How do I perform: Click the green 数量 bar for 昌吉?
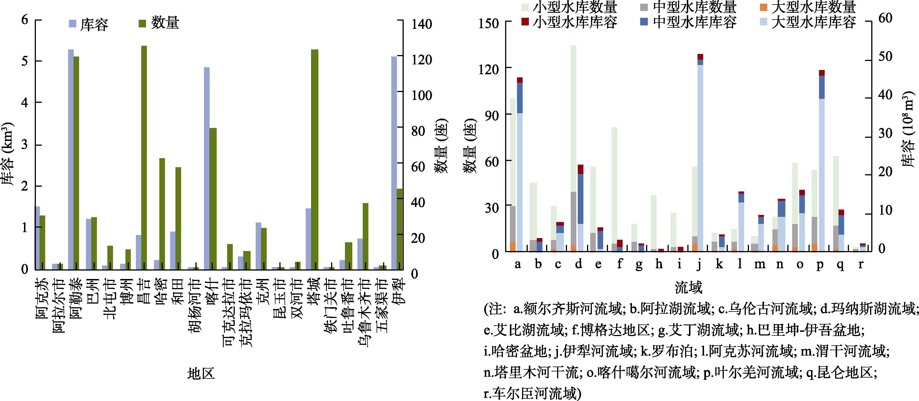tap(144, 157)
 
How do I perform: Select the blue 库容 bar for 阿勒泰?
tap(71, 160)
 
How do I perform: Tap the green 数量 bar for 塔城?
tap(314, 160)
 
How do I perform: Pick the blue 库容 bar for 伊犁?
tap(394, 163)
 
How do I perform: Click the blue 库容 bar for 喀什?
tap(207, 168)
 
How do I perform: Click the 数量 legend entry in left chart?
tap(159, 23)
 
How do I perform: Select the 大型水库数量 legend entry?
tap(808, 7)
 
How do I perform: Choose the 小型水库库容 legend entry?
tap(569, 22)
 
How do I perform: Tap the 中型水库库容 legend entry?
tap(688, 22)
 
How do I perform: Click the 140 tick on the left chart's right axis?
tap(421, 24)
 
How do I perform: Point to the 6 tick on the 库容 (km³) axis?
tap(25, 19)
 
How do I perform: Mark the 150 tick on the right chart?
tap(488, 23)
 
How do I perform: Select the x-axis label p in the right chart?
tap(820, 265)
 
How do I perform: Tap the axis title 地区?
tap(201, 374)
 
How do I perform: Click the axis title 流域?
tap(688, 287)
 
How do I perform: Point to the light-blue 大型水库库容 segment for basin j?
tap(700, 158)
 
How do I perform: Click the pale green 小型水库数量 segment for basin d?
tap(573, 118)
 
